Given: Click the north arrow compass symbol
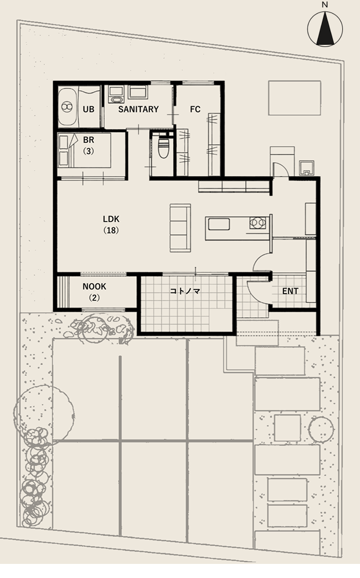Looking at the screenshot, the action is pos(325,29).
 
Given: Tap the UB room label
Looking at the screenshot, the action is pos(89,109).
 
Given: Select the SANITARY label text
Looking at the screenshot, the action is pos(138,109).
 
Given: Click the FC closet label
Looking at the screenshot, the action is pos(195,109).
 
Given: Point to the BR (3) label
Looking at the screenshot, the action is pos(89,145).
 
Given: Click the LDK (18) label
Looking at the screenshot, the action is pos(111,224).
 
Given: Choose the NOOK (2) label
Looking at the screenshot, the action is pos(94,292).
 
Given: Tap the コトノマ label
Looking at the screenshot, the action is pos(185,291).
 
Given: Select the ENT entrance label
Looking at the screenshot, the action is pos(290,291).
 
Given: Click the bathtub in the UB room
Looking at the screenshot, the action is pos(68,107).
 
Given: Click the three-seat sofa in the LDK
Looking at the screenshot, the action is pos(181,228).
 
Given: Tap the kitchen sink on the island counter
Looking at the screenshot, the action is pos(219,224).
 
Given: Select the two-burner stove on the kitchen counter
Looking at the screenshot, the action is pos(257,223).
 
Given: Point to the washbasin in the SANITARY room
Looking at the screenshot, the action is pos(116,94).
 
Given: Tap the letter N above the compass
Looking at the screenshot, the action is pos(325,5).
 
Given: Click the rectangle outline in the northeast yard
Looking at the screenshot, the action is pos(294,98).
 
